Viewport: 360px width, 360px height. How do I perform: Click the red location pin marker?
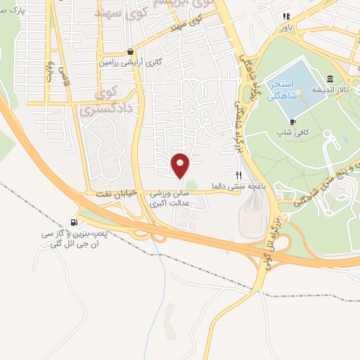pyautogui.click(x=181, y=165)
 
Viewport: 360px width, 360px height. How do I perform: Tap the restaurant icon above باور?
pyautogui.click(x=285, y=16)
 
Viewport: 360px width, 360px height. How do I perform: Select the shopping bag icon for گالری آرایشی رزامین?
pyautogui.click(x=131, y=51)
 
